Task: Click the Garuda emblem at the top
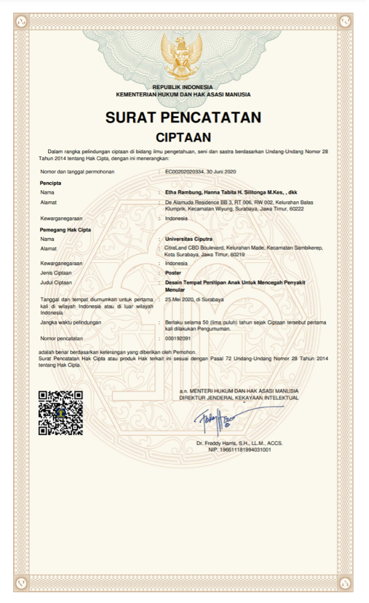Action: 181,55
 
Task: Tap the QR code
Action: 60,413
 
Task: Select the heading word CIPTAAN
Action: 183,137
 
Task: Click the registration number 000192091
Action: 178,338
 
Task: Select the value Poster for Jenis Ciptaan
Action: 173,273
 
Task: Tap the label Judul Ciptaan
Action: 56,282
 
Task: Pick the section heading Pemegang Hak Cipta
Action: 65,230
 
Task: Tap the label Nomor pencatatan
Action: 61,338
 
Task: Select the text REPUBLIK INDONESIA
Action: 183,87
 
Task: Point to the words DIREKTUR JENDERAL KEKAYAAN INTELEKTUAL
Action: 239,398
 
